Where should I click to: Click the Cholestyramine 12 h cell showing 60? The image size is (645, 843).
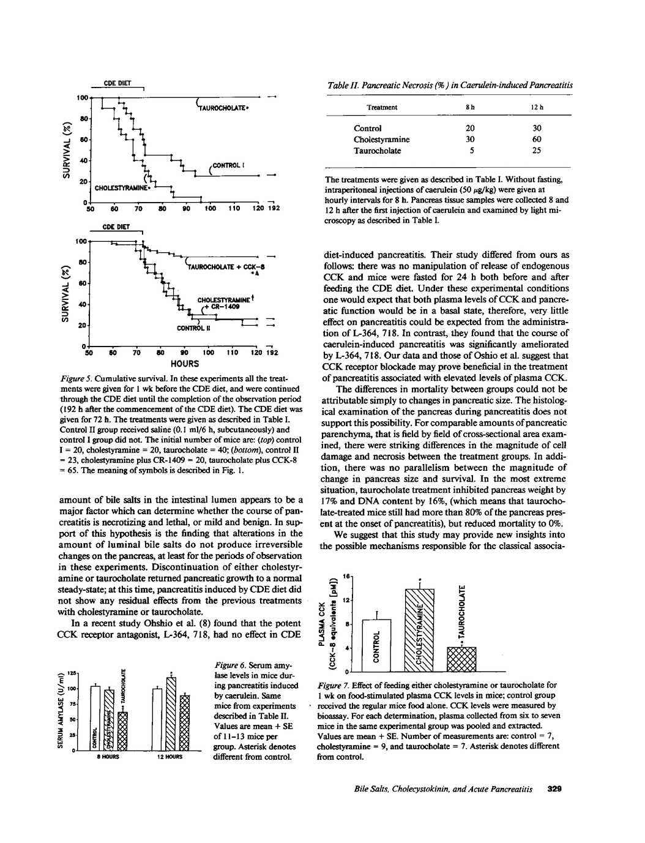pos(536,140)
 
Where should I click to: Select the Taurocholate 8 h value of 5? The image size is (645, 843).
pos(469,151)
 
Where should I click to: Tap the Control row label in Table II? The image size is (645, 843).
pos(368,129)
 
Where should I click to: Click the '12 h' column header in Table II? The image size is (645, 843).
pos(537,107)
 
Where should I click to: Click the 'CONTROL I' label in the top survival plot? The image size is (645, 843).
pos(229,165)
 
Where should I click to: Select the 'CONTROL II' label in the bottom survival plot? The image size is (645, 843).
pos(193,328)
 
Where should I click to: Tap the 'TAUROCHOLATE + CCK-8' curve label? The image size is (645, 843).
pos(226,267)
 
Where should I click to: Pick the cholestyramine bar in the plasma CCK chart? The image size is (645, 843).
pos(420,630)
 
